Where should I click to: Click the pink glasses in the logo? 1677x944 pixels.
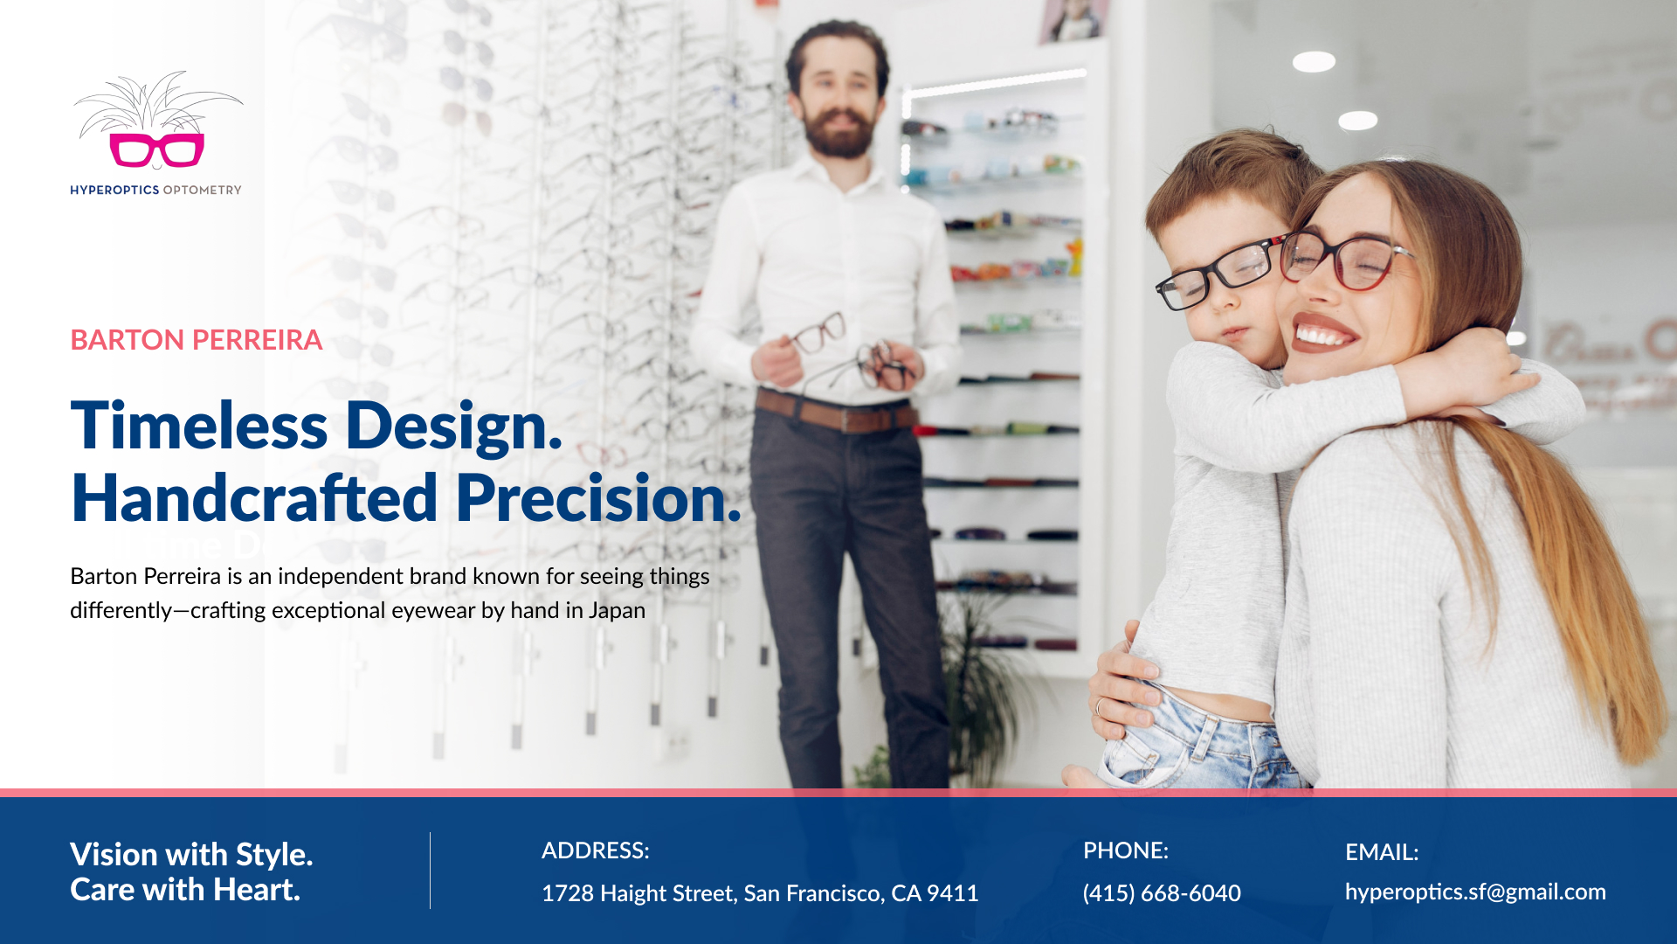click(x=157, y=150)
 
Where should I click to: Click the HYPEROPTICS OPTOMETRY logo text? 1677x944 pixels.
click(x=155, y=190)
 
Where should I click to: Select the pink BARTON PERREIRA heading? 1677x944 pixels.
click(x=197, y=340)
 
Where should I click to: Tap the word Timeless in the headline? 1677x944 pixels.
click(x=199, y=426)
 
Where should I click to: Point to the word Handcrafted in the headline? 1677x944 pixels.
click(x=254, y=498)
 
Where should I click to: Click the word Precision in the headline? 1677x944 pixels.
click(x=598, y=498)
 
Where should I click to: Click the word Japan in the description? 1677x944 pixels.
click(x=617, y=610)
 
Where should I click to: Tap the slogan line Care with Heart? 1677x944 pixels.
click(x=185, y=890)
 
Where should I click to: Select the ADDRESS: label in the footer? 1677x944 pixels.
click(x=596, y=850)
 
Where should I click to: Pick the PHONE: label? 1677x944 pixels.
click(x=1126, y=850)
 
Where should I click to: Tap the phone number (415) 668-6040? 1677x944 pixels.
click(x=1162, y=893)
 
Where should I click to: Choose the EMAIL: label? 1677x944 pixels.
click(x=1382, y=852)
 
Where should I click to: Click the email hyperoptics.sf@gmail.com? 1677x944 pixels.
click(x=1475, y=892)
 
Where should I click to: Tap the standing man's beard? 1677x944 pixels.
click(x=838, y=131)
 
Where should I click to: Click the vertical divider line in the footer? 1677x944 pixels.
click(x=430, y=871)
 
